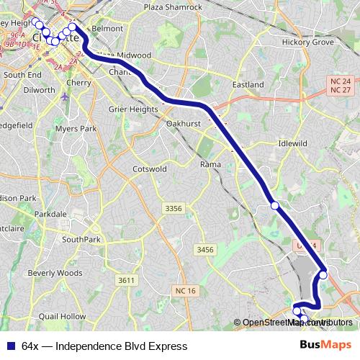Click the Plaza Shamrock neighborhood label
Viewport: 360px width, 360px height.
[x=174, y=7]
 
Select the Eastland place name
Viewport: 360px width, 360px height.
[x=249, y=84]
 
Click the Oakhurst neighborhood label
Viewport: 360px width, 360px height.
[x=183, y=124]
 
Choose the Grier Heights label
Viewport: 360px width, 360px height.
[x=132, y=109]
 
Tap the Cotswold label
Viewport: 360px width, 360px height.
[x=150, y=168]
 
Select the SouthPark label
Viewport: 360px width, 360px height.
[x=81, y=239]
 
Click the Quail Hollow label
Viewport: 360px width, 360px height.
[x=63, y=316]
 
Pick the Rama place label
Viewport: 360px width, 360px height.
[x=210, y=165]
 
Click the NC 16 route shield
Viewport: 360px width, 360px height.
[x=184, y=291]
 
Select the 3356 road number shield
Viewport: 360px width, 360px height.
[x=174, y=208]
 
